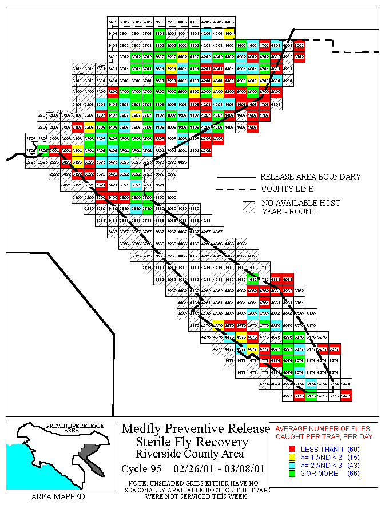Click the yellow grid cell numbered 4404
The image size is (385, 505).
pyautogui.click(x=230, y=33)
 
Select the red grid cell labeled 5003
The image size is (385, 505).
pyautogui.click(x=299, y=45)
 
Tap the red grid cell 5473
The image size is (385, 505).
pyautogui.click(x=346, y=396)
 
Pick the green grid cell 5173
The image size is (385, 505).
pyautogui.click(x=311, y=396)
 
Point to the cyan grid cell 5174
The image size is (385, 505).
pyautogui.click(x=311, y=384)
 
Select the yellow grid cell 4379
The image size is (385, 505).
pyautogui.click(x=217, y=325)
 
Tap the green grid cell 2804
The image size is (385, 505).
pyautogui.click(x=42, y=150)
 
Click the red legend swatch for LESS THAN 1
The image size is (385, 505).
pyautogui.click(x=292, y=449)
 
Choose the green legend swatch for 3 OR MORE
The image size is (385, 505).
pyautogui.click(x=292, y=473)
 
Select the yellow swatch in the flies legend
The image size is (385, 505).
pyautogui.click(x=292, y=457)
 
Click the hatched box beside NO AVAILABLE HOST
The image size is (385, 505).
pyautogui.click(x=249, y=207)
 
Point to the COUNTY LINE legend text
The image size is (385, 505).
pyautogui.click(x=287, y=189)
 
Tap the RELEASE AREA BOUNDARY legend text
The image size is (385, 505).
pyautogui.click(x=310, y=177)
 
